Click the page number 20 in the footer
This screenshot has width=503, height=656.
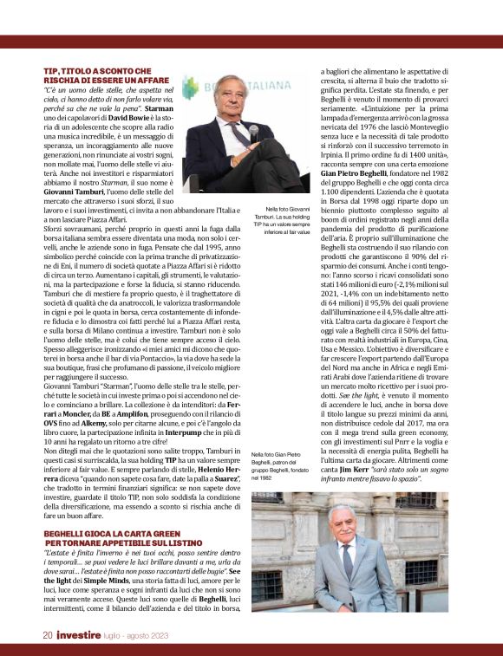tap(48, 634)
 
